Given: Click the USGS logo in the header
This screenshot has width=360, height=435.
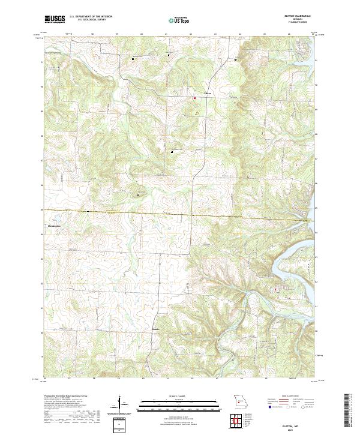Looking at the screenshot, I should pyautogui.click(x=55, y=19).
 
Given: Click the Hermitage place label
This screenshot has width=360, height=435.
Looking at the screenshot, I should pyautogui.click(x=54, y=226).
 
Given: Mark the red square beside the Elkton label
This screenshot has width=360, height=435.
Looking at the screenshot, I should pyautogui.click(x=194, y=97).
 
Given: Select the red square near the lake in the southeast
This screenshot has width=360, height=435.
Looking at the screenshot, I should pyautogui.click(x=275, y=290).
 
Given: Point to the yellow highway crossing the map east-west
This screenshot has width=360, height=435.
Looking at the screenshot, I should pyautogui.click(x=150, y=212).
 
